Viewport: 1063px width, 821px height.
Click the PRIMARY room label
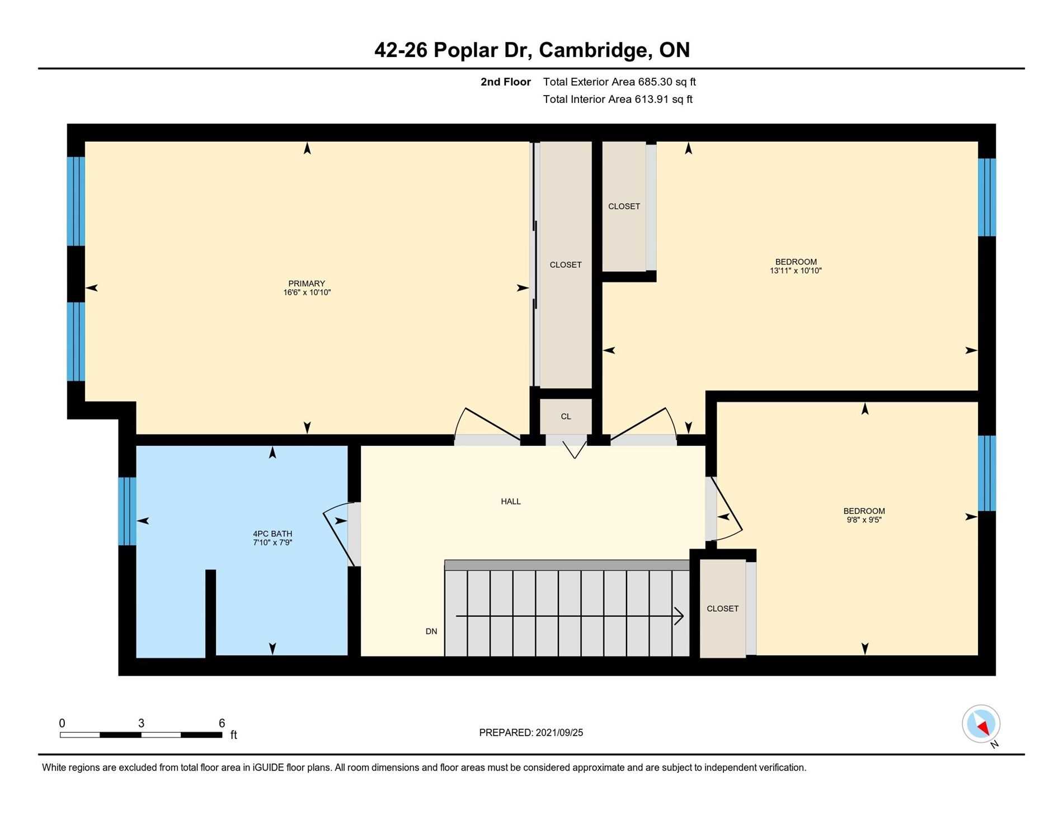307,284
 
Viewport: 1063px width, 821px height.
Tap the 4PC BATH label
272,534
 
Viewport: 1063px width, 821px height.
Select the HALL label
511,502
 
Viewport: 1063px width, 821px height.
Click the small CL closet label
566,417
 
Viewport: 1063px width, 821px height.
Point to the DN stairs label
431,631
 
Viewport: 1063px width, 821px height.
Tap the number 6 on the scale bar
222,723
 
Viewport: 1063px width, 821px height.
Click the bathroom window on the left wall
127,511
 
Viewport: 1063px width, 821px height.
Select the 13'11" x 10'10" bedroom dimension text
796,271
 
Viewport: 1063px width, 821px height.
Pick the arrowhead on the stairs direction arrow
679,616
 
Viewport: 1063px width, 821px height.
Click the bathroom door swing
339,536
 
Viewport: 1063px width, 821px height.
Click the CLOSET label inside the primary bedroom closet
566,265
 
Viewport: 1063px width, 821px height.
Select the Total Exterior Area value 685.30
655,82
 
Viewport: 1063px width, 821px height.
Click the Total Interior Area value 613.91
652,100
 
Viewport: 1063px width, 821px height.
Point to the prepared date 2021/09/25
559,733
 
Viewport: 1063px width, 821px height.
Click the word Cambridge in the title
594,50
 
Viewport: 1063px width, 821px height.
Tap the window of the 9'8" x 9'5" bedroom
987,473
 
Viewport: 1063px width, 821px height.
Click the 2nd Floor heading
506,82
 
